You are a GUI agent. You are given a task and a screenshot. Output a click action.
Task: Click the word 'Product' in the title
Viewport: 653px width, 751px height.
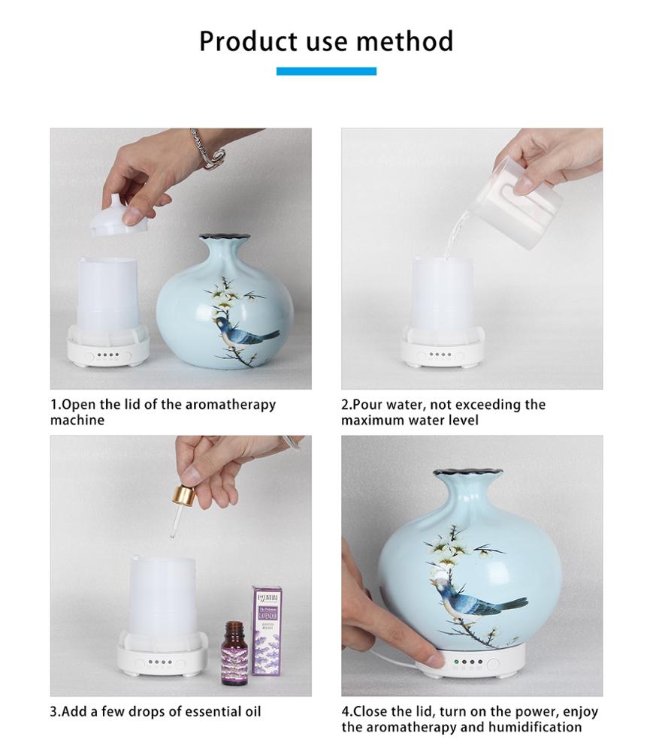[x=244, y=41]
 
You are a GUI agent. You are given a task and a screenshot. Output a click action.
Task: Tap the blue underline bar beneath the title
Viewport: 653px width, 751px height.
[x=326, y=71]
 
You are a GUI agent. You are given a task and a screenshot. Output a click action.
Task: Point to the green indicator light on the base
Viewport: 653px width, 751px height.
[x=455, y=663]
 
